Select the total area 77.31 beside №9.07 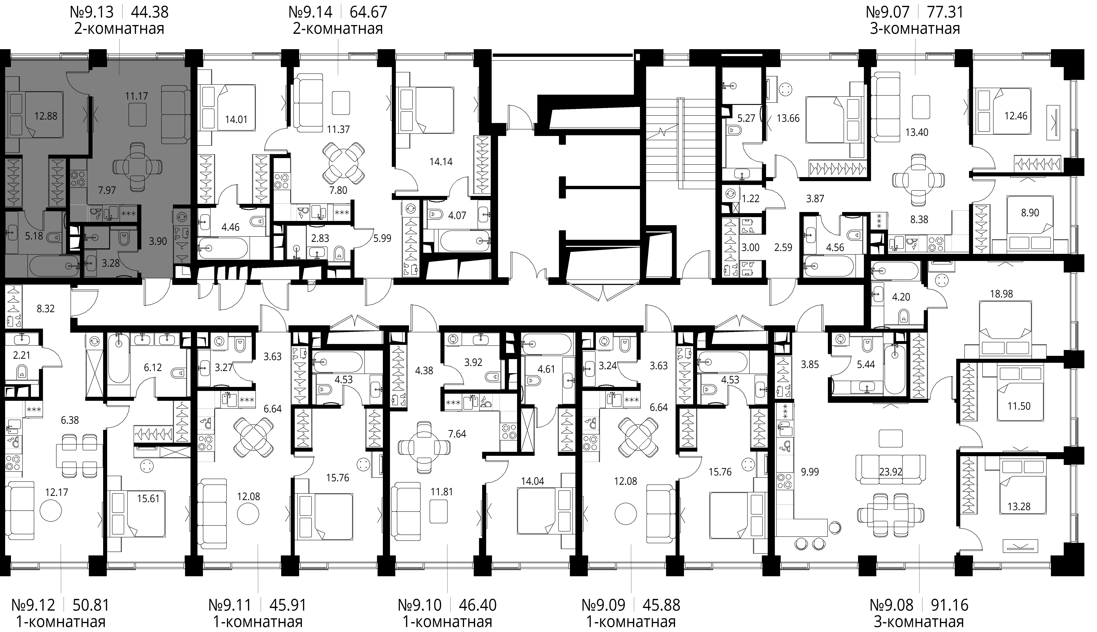945,12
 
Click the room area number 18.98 1002,294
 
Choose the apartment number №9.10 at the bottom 420,605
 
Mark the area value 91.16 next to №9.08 949,605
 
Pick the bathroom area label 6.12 153,368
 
